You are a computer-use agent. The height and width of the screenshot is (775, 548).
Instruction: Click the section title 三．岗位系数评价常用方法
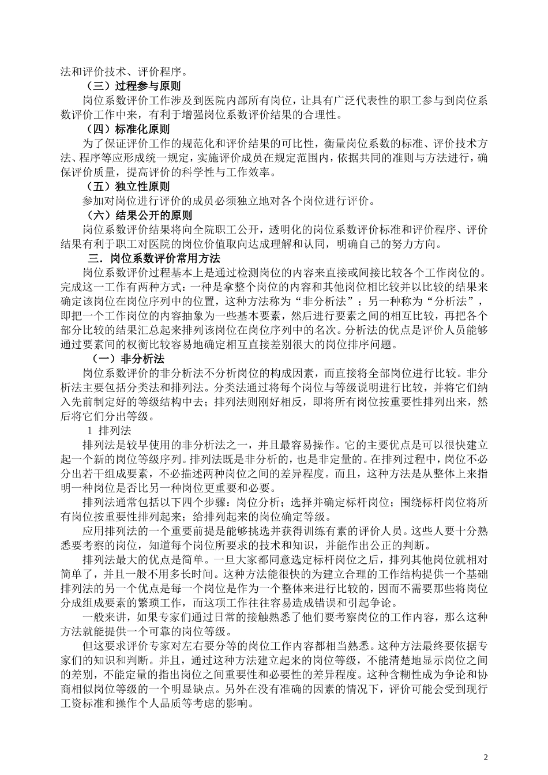pyautogui.click(x=154, y=258)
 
